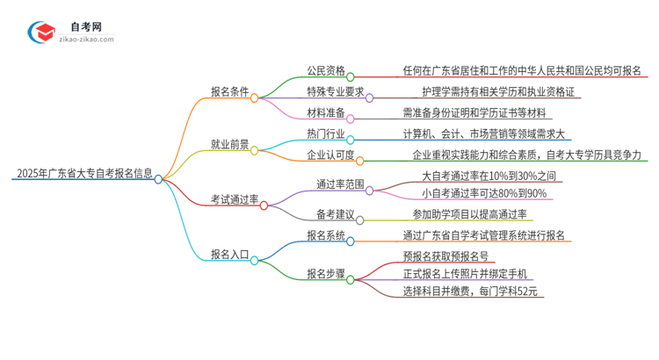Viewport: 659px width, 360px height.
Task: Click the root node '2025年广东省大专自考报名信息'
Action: click(83, 173)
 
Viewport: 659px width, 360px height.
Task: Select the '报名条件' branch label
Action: click(230, 90)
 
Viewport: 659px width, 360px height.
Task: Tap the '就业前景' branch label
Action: click(230, 144)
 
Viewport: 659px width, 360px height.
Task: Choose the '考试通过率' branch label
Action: click(235, 199)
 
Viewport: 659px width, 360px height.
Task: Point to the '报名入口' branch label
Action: click(230, 254)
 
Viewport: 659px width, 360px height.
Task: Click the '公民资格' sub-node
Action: click(325, 71)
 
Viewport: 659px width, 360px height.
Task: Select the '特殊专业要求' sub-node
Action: click(335, 91)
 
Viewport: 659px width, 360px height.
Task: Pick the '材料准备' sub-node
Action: click(325, 112)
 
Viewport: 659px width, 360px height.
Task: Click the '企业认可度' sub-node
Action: click(330, 155)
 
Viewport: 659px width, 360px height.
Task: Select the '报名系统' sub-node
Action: click(325, 234)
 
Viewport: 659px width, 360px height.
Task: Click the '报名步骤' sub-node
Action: click(325, 273)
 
